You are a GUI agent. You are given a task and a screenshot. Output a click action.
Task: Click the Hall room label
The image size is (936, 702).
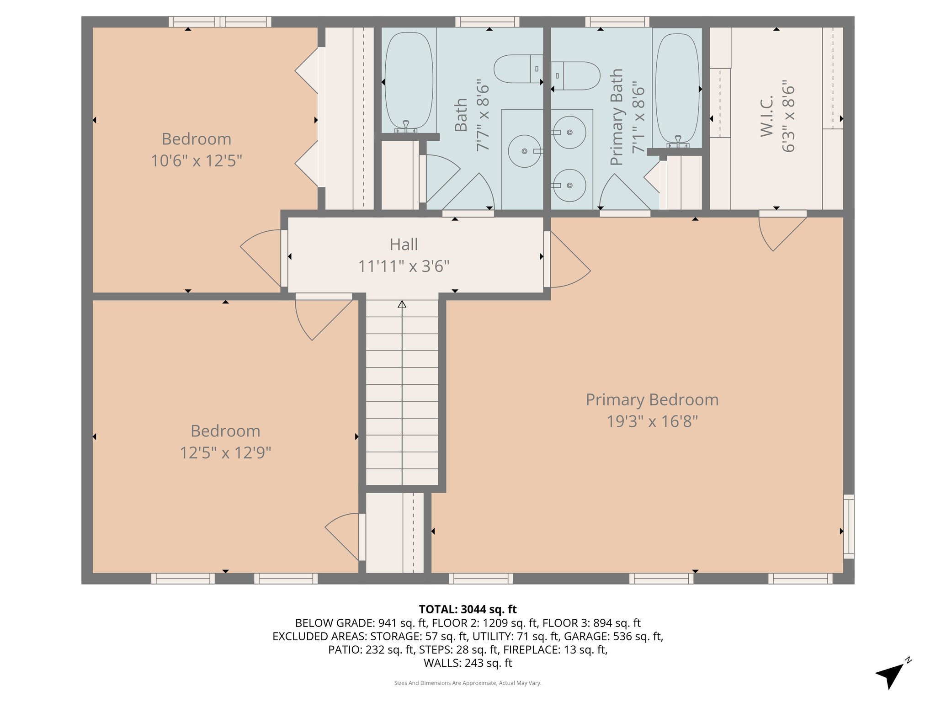[404, 245]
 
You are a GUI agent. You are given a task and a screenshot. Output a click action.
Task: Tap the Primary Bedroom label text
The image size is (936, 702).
[652, 400]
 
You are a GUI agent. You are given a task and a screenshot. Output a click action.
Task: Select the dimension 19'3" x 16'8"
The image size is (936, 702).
[652, 421]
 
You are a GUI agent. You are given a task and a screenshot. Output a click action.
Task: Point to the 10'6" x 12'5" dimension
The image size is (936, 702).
[197, 161]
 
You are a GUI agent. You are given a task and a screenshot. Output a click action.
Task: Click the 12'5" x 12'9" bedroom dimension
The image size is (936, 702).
[225, 453]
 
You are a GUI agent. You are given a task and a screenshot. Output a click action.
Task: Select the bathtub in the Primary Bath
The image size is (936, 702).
[677, 90]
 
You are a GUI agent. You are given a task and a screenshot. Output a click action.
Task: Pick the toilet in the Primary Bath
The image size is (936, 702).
[575, 76]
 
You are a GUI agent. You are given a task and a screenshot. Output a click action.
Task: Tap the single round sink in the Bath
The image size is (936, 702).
[525, 151]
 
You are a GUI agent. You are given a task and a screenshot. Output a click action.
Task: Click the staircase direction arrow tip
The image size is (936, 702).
[402, 301]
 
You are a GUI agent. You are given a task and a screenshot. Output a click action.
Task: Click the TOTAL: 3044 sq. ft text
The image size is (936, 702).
[468, 609]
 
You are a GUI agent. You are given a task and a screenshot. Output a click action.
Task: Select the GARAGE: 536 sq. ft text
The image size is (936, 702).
[612, 636]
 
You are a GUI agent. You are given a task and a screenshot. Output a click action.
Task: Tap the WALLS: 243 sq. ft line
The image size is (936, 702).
[468, 663]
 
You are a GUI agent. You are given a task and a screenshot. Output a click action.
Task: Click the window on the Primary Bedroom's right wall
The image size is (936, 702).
[849, 526]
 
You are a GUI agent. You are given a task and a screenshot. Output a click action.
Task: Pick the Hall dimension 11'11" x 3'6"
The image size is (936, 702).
[404, 266]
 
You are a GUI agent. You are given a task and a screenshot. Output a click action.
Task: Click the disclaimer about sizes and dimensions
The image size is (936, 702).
[468, 683]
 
